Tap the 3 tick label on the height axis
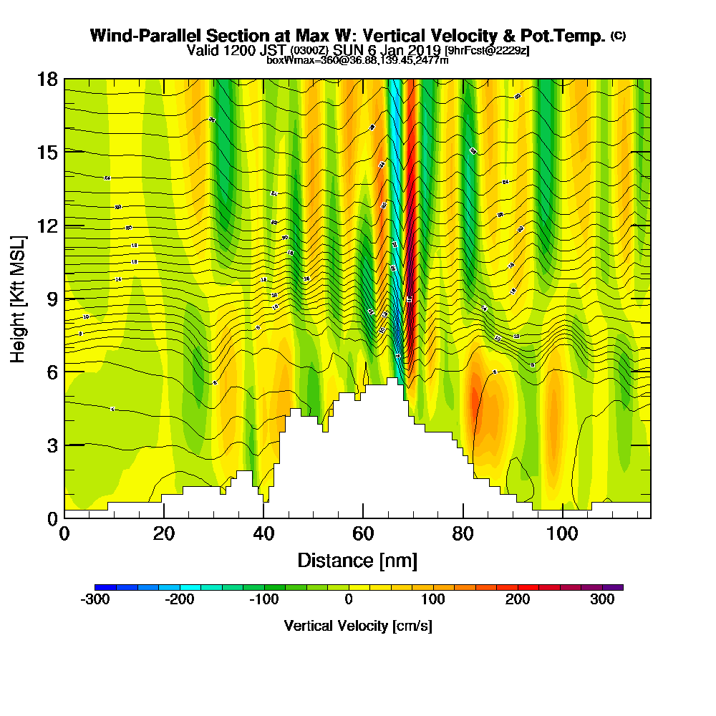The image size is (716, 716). [x=51, y=445]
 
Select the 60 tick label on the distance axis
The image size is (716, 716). [x=363, y=534]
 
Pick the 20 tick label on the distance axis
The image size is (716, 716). [x=164, y=534]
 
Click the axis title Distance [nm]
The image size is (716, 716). [x=357, y=560]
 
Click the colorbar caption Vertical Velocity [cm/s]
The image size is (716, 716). [x=357, y=626]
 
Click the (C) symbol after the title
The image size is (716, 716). [x=618, y=36]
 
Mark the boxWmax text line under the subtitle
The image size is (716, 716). [x=357, y=60]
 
